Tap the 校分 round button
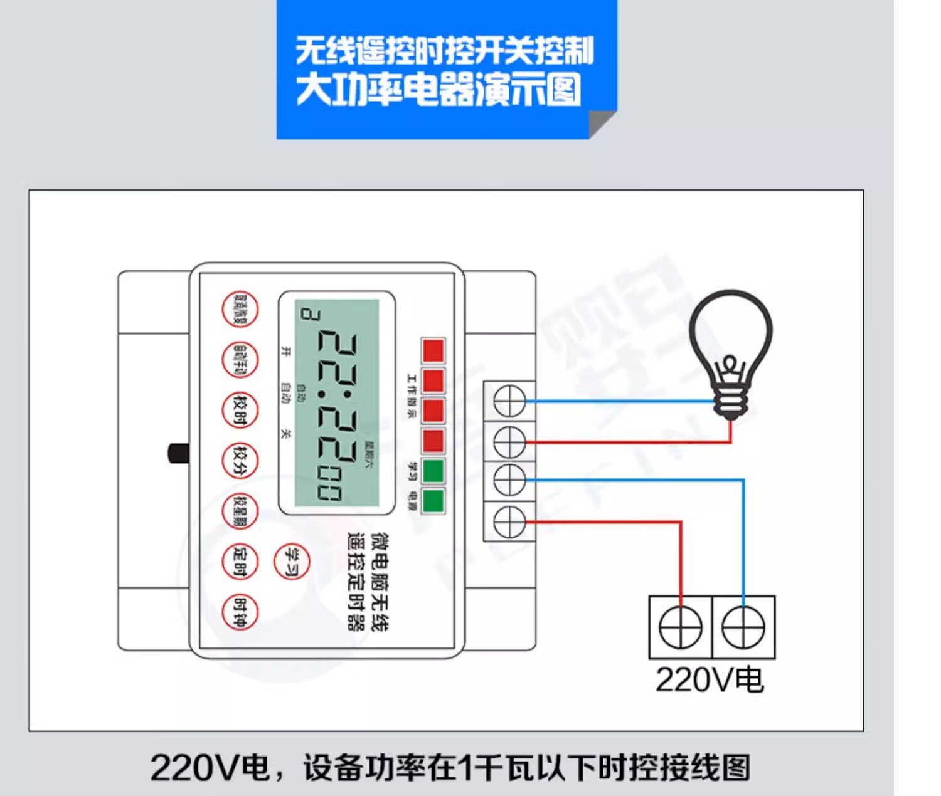tap(240, 461)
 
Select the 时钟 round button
tap(240, 612)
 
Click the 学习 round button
tap(292, 561)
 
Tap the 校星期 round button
tap(240, 511)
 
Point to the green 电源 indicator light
tap(433, 501)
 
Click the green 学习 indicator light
tap(433, 471)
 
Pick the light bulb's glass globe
tap(730, 332)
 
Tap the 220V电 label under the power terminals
tap(709, 680)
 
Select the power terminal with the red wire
tap(681, 627)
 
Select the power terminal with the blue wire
tap(743, 627)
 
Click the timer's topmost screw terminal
tap(509, 401)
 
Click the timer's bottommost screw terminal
tap(509, 521)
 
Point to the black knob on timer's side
tap(178, 453)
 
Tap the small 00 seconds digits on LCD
tap(329, 485)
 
